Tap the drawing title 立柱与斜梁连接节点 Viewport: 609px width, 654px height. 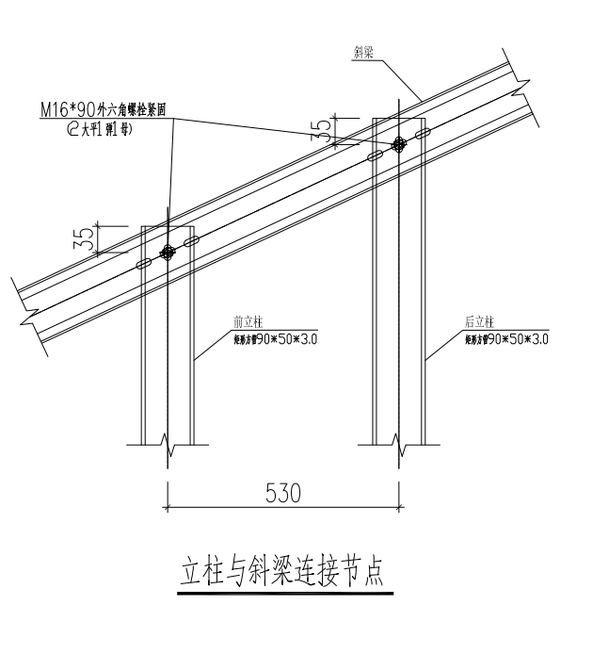pos(283,573)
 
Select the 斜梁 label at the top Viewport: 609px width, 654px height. pos(364,55)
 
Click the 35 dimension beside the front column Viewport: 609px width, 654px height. pos(84,238)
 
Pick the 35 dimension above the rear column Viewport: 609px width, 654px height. pos(323,130)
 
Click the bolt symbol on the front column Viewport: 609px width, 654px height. pos(168,252)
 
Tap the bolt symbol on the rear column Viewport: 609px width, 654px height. pos(398,143)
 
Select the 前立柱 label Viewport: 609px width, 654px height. pos(247,321)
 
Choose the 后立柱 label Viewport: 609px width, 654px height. pos(480,321)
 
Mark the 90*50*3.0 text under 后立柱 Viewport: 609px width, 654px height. pos(507,337)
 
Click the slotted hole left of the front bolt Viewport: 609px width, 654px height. pos(145,264)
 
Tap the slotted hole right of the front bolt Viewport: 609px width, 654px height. pos(191,242)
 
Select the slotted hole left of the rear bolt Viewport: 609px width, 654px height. pos(375,155)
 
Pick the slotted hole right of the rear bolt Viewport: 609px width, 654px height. pos(421,134)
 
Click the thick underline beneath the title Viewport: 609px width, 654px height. pos(283,594)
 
